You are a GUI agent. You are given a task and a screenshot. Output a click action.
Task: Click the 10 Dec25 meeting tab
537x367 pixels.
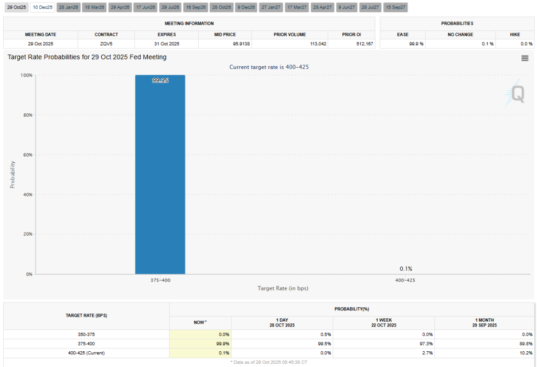[x=42, y=7]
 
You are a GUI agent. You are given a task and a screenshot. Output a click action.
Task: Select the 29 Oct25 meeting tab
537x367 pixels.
[x=16, y=7]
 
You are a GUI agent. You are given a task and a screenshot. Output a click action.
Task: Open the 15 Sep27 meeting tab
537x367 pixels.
[x=395, y=7]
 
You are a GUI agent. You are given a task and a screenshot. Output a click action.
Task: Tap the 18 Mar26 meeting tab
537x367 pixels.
[x=94, y=7]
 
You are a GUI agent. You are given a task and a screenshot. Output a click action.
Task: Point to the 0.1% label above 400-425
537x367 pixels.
[x=405, y=269]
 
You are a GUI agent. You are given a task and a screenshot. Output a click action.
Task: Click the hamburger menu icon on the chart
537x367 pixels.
[x=524, y=58]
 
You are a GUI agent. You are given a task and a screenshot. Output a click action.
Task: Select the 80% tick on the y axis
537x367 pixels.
[x=26, y=115]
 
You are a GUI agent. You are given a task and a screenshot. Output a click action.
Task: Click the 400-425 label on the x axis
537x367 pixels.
[x=405, y=280]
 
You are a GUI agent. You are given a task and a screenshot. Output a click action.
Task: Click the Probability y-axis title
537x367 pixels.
[x=13, y=174]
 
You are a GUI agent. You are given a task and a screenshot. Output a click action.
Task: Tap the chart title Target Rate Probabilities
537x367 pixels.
[x=87, y=57]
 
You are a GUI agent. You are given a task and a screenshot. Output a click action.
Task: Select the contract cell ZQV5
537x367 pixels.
[x=106, y=44]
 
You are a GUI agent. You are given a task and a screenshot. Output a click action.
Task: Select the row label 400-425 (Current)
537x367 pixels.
[x=87, y=352]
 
